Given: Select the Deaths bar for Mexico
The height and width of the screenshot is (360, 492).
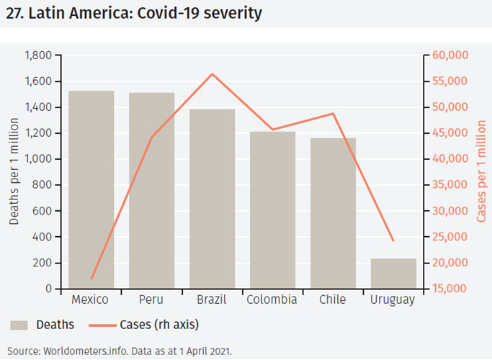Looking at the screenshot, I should [x=91, y=190].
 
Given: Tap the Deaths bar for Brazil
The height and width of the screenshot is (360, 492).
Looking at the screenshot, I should [x=212, y=199].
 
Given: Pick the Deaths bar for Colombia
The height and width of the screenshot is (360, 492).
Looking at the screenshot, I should [x=272, y=210].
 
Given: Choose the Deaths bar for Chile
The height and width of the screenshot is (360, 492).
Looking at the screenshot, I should [x=333, y=213].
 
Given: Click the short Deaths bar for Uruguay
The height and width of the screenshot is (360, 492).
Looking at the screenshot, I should [x=393, y=274].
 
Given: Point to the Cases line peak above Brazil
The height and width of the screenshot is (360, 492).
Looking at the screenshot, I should [x=213, y=74].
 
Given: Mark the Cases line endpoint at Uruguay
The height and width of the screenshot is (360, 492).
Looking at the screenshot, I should [x=393, y=240].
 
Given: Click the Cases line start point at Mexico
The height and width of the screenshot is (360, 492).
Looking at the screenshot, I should [x=91, y=278].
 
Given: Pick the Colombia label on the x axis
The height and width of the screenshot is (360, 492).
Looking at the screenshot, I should [x=272, y=300].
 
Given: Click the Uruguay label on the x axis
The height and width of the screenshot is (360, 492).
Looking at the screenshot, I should [x=393, y=300].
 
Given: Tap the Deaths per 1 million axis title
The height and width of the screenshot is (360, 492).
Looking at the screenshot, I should [x=14, y=172].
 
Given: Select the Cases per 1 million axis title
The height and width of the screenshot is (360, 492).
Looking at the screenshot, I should [x=481, y=172].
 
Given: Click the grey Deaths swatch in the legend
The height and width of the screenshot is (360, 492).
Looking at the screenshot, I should [x=19, y=325].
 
